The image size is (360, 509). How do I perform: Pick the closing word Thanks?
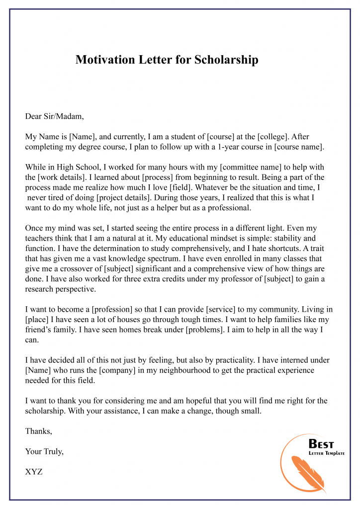[x=38, y=431]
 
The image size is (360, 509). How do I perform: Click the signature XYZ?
[x=34, y=472]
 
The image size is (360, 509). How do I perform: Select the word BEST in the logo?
[x=322, y=444]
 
